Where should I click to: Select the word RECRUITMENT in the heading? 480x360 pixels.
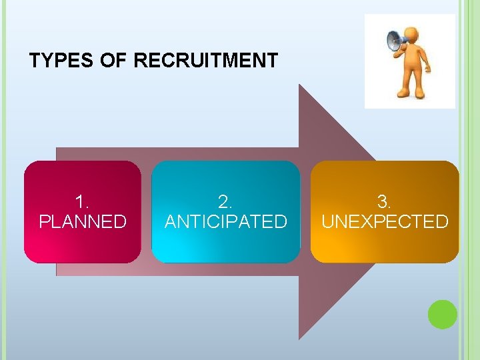click(206, 61)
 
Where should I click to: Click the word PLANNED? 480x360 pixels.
click(83, 221)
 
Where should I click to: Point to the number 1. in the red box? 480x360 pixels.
click(83, 201)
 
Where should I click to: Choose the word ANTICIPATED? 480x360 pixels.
click(226, 221)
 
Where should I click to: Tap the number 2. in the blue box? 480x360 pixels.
click(226, 201)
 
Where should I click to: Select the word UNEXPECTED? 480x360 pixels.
click(385, 221)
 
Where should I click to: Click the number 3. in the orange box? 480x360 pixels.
click(385, 201)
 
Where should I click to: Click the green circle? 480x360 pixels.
click(442, 315)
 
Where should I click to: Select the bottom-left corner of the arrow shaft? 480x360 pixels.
click(57, 275)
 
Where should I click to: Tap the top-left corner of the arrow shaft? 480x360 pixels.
click(57, 148)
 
